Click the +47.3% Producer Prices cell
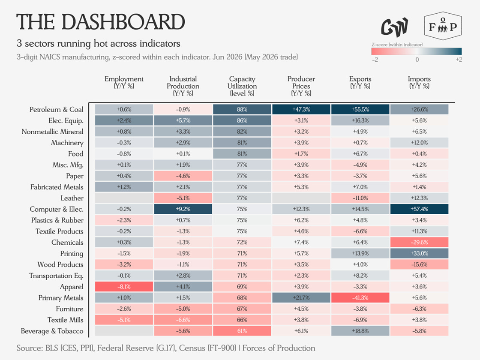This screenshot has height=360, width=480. pyautogui.click(x=301, y=109)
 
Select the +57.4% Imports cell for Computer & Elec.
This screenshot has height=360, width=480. pyautogui.click(x=420, y=209)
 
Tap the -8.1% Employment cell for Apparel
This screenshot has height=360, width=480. pyautogui.click(x=124, y=287)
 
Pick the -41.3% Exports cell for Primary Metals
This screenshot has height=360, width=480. pyautogui.click(x=360, y=297)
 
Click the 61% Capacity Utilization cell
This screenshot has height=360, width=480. pyautogui.click(x=242, y=331)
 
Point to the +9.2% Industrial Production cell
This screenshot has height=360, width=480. pyautogui.click(x=183, y=209)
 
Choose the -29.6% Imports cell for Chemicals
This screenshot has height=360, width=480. pyautogui.click(x=420, y=242)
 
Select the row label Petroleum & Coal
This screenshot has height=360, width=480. pyautogui.click(x=56, y=110)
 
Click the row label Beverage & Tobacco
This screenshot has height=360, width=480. pyautogui.click(x=52, y=331)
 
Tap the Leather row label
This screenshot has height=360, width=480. pyautogui.click(x=72, y=198)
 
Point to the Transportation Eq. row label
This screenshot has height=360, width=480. pyautogui.click(x=56, y=276)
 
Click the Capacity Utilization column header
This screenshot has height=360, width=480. pyautogui.click(x=242, y=86)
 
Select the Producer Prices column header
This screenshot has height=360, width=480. pyautogui.click(x=301, y=86)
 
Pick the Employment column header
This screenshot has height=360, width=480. pyautogui.click(x=124, y=82)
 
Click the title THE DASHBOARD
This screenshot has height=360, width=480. pyautogui.click(x=101, y=22)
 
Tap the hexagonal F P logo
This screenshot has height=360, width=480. pyautogui.click(x=443, y=26)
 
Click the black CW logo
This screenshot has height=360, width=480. pyautogui.click(x=395, y=27)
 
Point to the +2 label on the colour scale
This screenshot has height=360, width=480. pyautogui.click(x=459, y=60)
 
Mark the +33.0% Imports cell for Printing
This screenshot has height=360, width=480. pyautogui.click(x=420, y=253)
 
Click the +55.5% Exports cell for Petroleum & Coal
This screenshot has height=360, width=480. pyautogui.click(x=360, y=109)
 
